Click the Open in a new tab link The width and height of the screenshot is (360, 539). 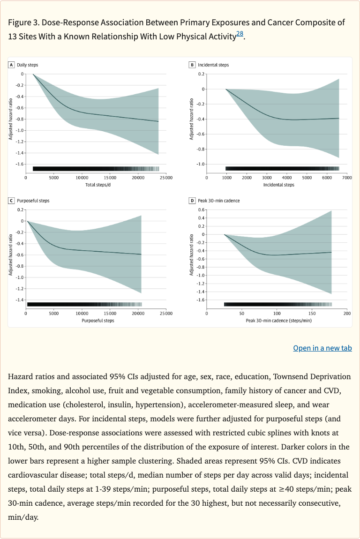[x=322, y=348]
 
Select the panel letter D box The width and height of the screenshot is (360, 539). [x=192, y=201]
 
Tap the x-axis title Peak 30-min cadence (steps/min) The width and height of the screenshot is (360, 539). [x=279, y=321]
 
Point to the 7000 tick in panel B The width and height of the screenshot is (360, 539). [x=346, y=178]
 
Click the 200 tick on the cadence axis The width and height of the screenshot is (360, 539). [x=346, y=314]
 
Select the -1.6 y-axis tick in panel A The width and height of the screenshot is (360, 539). [x=19, y=164]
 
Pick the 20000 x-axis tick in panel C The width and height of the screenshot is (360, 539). [x=137, y=314]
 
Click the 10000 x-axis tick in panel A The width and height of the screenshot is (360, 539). [x=82, y=178]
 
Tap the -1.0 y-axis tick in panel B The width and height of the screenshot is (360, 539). [x=201, y=164]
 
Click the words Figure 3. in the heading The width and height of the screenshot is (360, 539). [x=24, y=22]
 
